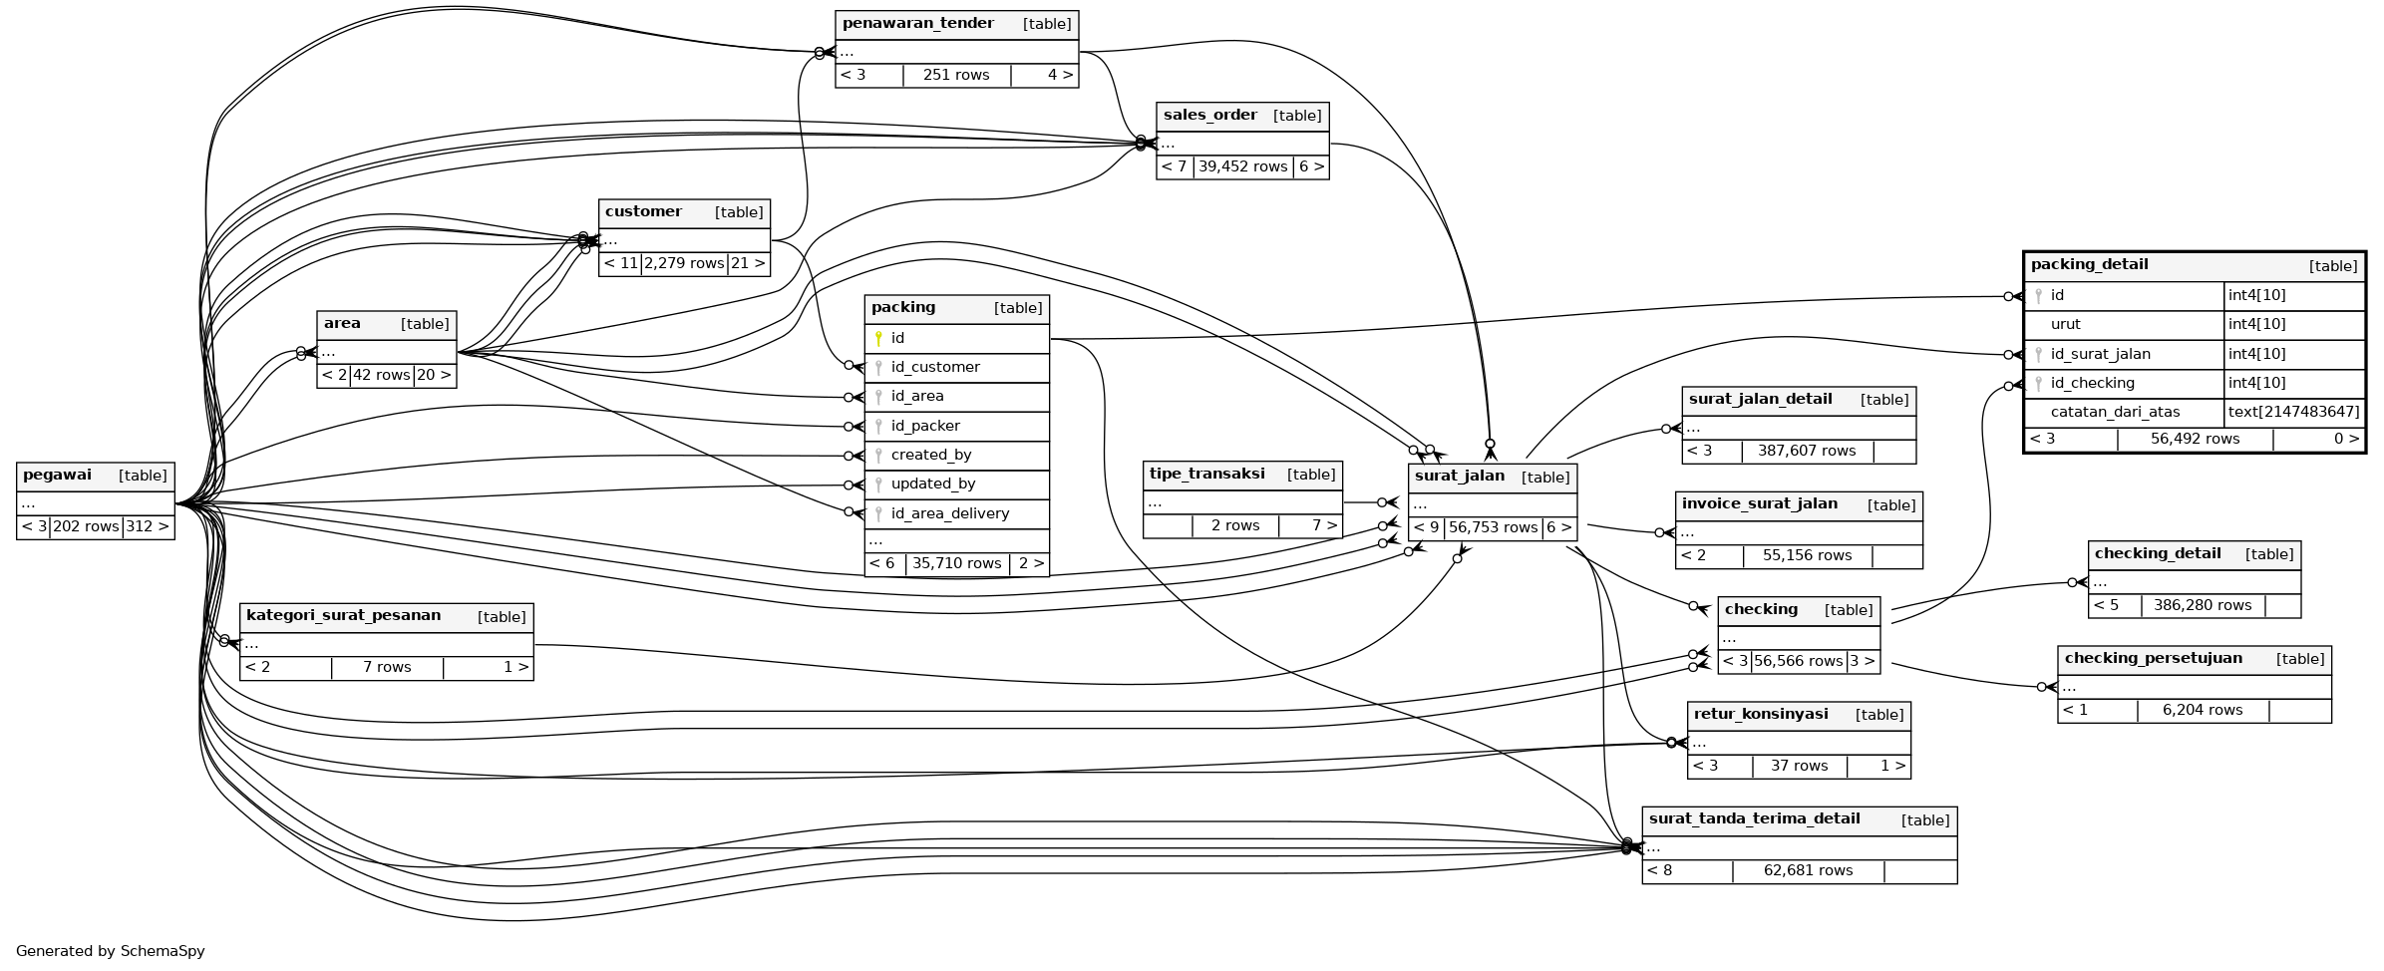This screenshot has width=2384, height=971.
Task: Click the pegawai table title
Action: [x=57, y=476]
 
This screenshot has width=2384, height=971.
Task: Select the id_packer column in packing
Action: [x=924, y=426]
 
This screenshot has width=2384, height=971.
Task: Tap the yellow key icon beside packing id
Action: [x=878, y=338]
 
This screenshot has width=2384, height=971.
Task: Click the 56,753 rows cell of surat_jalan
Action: [x=1493, y=527]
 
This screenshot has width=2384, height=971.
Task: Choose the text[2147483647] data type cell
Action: [x=2293, y=412]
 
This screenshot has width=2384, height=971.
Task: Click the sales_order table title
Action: [x=1209, y=115]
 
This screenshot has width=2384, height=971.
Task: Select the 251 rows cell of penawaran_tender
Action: [x=956, y=75]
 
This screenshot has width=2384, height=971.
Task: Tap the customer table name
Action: [x=643, y=211]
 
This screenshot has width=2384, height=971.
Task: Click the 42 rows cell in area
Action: [x=382, y=375]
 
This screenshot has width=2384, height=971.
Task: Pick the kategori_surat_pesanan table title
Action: [x=343, y=615]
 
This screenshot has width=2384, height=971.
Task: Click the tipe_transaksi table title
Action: [x=1206, y=474]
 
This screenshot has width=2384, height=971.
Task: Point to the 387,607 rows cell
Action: [x=1806, y=451]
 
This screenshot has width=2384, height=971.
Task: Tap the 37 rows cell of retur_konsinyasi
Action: [x=1799, y=766]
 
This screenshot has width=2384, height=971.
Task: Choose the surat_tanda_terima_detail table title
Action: [x=1754, y=818]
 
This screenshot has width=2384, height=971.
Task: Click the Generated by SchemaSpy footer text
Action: [x=110, y=951]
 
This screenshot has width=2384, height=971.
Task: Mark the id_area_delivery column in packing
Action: [x=949, y=513]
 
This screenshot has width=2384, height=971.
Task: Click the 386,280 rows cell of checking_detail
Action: [x=2202, y=605]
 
